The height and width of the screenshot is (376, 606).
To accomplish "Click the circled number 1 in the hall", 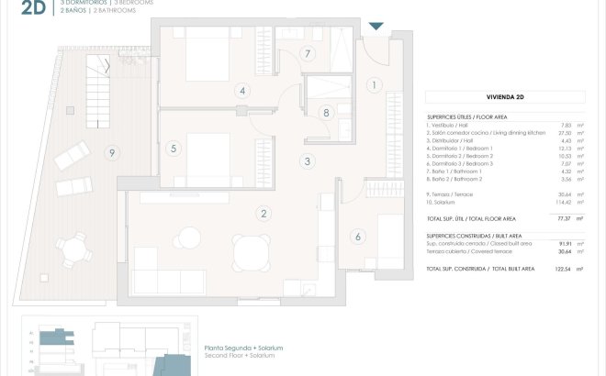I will pos(375,85).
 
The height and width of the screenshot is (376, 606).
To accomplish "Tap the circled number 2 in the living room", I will pos(264,214).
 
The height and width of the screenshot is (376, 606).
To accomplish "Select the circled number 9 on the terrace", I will pos(112,152).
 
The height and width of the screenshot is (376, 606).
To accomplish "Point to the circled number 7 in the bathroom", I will pos(309,53).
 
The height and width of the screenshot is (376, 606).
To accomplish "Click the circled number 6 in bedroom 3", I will pos(358,236).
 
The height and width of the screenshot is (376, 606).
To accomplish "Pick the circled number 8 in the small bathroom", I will pos(326,113).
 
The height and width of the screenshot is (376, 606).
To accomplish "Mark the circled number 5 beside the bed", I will pos(173,148).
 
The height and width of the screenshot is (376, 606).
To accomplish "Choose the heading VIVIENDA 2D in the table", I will pos(506,96).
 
